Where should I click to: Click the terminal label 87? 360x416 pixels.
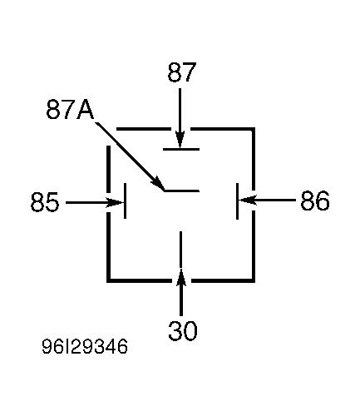[182, 72]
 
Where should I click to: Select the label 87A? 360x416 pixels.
[70, 110]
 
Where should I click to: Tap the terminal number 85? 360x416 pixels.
[45, 201]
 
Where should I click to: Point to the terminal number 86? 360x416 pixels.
[315, 201]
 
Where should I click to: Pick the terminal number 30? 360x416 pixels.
[183, 330]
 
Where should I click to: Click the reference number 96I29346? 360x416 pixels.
[85, 346]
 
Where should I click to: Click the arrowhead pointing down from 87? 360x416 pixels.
[180, 140]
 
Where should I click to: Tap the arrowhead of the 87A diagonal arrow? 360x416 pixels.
[157, 184]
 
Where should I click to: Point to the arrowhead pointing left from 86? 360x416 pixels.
[247, 200]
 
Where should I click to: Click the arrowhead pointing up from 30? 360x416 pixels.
[181, 277]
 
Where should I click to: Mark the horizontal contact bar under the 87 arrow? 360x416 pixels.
[181, 149]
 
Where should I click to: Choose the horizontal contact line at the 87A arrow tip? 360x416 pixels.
[182, 191]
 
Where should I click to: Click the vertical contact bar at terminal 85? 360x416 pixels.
[126, 201]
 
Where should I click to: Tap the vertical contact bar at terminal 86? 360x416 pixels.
[237, 201]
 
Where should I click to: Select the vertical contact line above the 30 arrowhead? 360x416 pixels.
[181, 250]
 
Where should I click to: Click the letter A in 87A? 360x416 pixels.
[86, 110]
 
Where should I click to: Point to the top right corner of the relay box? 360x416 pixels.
[254, 129]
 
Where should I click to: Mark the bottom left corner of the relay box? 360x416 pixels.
[109, 280]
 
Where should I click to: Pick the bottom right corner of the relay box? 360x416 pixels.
[254, 280]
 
